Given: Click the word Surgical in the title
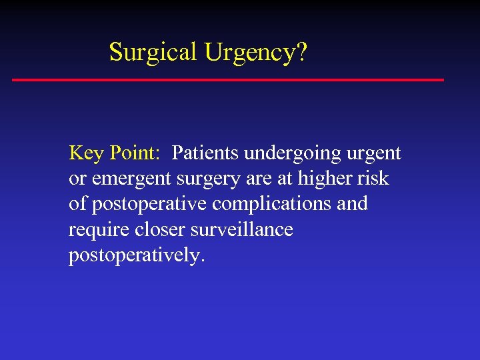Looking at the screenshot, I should point(153,51).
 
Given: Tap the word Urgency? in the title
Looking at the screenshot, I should point(256,52).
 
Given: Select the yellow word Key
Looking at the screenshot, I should point(86,153).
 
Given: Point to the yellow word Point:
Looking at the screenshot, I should point(134,153).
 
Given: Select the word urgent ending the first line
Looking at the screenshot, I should point(374,154).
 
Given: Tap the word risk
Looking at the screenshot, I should point(374,178).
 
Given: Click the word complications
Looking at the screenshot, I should point(271,204).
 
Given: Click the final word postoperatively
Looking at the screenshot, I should point(135,256).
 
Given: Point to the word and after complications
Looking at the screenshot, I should point(352,203).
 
